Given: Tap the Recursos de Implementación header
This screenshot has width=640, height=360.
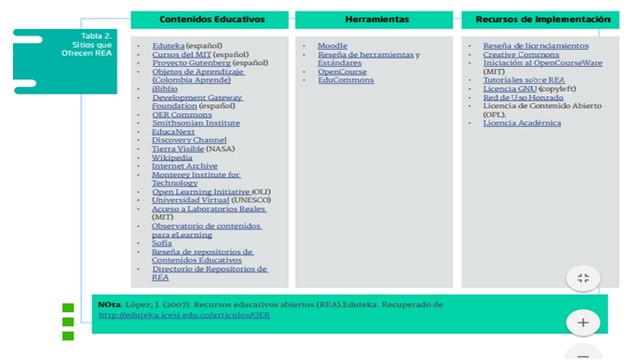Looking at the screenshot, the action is tap(542, 19).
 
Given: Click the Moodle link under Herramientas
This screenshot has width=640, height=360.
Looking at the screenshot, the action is tap(332, 46).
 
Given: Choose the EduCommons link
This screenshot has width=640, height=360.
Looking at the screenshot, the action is tap(346, 80).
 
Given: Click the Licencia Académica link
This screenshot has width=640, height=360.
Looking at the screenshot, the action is tap(522, 123).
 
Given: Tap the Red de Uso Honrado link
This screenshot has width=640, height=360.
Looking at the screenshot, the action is tap(523, 97).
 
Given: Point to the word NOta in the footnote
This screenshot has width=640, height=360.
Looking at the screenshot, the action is tap(109, 303).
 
